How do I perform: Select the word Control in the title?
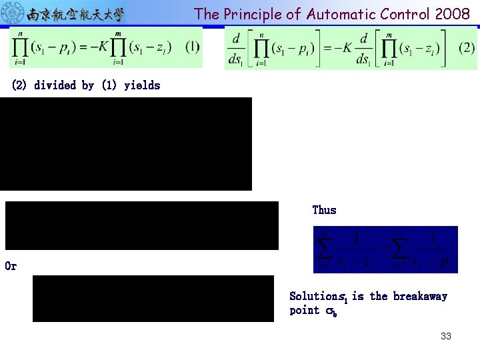coord(403,14)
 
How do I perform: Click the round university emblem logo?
coord(13,13)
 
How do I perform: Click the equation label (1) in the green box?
coord(192,47)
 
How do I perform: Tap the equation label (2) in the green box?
coord(467,48)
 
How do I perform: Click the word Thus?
coord(324,210)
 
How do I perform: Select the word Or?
coord(11,266)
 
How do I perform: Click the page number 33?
coord(445,336)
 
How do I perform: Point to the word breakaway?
coord(420,296)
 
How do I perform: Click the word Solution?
coord(313,296)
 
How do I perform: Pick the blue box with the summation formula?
coord(385,249)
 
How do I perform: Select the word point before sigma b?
coord(305,311)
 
